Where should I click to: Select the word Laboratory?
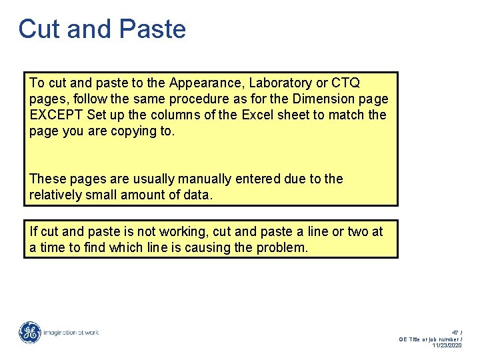point(278,83)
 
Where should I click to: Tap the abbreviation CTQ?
point(345,83)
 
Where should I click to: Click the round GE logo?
point(30,332)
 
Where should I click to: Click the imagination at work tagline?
point(71,332)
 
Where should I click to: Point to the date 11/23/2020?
point(447,345)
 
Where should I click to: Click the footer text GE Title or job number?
point(429,339)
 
